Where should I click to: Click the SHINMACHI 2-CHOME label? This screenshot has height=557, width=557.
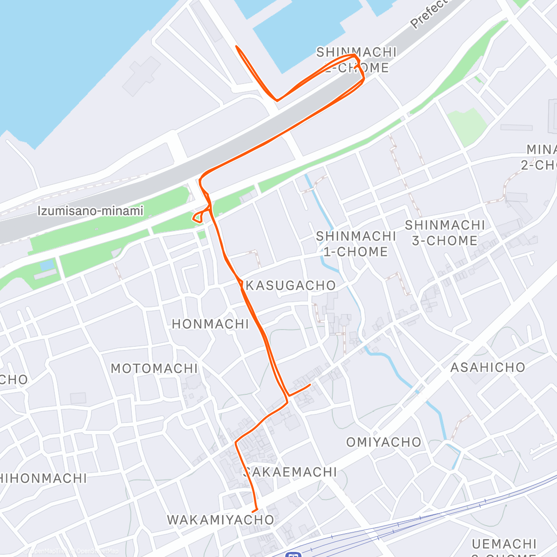356,60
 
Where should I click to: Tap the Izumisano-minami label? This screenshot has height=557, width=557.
90,211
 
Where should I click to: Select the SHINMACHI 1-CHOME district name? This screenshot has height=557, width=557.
356,244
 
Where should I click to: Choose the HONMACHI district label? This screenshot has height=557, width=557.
211,324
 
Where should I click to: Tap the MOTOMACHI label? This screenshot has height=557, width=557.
155,369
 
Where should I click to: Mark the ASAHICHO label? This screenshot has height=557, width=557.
488,368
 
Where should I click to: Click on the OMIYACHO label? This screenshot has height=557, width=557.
384,442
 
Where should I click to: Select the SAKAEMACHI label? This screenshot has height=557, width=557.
291,472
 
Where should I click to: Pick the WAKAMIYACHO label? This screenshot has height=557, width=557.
221,520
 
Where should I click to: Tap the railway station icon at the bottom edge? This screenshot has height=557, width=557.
293,553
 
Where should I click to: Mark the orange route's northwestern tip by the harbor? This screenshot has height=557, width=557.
237,46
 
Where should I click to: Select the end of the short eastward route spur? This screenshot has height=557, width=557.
310,385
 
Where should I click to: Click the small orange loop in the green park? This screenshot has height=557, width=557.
198,217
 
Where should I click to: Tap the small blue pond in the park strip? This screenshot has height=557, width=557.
47,266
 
